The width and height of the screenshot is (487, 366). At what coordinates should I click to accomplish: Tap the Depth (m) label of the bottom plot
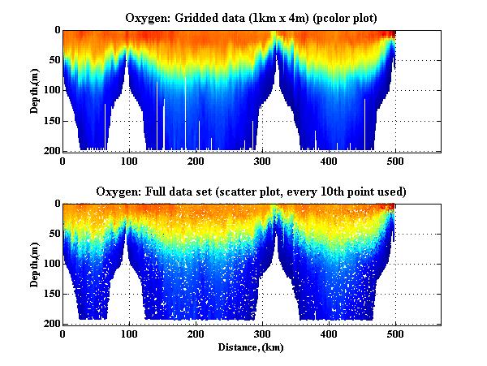pos(36,265)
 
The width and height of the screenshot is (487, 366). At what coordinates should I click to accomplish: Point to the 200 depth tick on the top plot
pos(51,152)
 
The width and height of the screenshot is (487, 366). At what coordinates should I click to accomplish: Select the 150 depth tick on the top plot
pos(51,121)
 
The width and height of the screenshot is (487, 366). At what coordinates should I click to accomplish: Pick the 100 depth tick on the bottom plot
pos(51,264)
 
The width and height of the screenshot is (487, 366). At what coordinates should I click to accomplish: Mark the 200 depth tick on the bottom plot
pos(51,324)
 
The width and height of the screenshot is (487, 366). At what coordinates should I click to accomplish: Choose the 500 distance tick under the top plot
pos(395,161)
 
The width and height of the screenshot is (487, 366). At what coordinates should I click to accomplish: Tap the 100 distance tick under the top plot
pos(128,161)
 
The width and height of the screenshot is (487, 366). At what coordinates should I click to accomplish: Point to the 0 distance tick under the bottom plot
pos(62,334)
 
